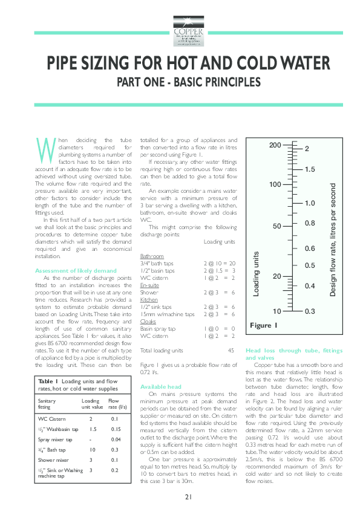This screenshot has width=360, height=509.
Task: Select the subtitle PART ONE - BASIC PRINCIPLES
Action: click(x=180, y=81)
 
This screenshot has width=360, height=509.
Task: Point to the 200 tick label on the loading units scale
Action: click(x=275, y=146)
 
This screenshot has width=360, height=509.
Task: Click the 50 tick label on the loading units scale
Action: click(x=277, y=225)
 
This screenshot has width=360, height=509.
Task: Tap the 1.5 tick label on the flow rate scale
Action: click(x=310, y=169)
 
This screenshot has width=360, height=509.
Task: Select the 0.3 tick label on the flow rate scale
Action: click(x=310, y=311)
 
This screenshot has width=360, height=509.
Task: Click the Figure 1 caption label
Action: click(x=263, y=326)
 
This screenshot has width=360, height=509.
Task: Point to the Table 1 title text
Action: click(x=77, y=386)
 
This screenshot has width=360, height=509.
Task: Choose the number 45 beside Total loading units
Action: click(x=231, y=350)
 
